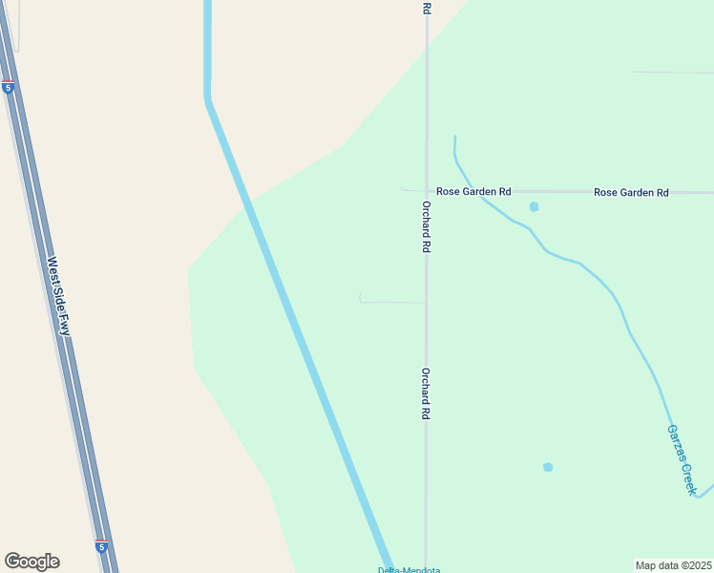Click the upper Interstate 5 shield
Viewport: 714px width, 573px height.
click(9, 87)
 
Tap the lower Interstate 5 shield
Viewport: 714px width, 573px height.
click(101, 545)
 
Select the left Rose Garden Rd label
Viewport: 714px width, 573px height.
click(473, 192)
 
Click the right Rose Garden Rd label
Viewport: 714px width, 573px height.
click(631, 192)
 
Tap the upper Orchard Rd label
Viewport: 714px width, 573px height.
click(427, 226)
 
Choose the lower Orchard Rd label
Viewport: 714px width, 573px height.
click(427, 394)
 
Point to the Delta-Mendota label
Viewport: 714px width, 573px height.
click(408, 570)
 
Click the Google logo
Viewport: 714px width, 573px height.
click(31, 562)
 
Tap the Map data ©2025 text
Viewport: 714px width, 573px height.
click(673, 565)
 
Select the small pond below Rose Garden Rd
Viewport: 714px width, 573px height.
click(534, 206)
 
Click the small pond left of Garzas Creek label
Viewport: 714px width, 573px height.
click(548, 467)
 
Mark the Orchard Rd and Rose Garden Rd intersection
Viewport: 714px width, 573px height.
click(427, 191)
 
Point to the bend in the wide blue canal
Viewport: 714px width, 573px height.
click(207, 99)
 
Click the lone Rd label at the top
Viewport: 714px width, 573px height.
click(427, 8)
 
